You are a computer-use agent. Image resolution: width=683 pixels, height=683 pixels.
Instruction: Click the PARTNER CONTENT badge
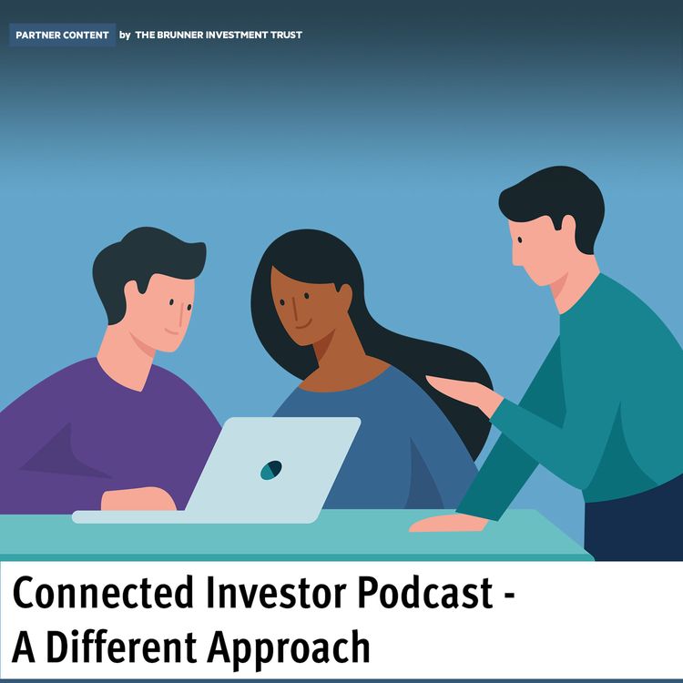(62, 36)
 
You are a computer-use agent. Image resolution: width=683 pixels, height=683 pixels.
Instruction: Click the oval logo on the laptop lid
(270, 470)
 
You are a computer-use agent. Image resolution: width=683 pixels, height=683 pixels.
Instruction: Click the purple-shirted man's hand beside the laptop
(137, 498)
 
